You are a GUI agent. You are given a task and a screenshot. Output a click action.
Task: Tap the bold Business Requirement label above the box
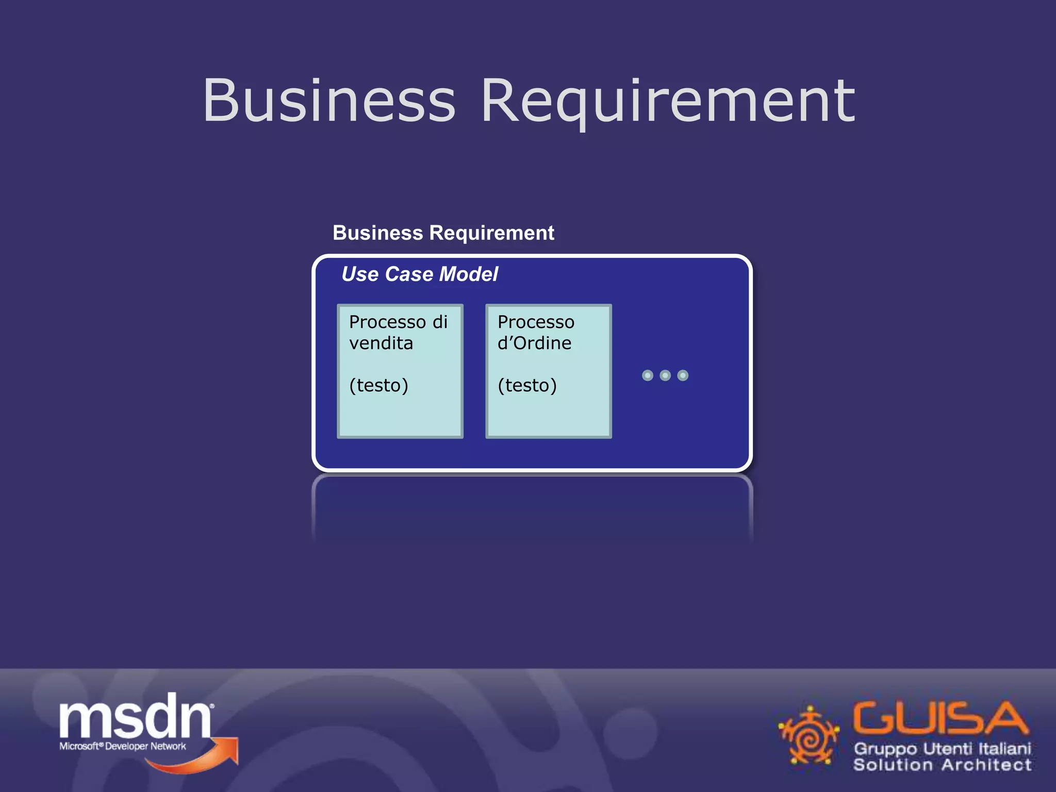[x=443, y=233]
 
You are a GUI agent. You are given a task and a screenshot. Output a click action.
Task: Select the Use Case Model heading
[x=420, y=274]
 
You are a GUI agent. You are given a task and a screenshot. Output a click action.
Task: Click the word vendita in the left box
[x=381, y=343]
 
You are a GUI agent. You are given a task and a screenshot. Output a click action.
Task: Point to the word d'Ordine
[x=534, y=343]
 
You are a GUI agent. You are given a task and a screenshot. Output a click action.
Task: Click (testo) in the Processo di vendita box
[x=378, y=385]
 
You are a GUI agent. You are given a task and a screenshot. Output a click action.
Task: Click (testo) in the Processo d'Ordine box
[x=527, y=385]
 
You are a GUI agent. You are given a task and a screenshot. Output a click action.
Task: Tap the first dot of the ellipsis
[x=648, y=375]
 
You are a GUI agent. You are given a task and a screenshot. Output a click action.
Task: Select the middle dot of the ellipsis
[x=665, y=375]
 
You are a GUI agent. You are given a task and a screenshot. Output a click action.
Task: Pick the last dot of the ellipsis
[x=683, y=375]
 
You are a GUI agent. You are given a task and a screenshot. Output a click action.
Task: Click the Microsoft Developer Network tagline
[x=123, y=746]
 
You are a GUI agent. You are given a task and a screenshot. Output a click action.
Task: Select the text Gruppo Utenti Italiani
[x=942, y=749]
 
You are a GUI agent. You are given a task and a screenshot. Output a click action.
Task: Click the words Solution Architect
[x=942, y=765]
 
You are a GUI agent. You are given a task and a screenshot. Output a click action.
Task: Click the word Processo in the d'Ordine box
[x=536, y=322]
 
